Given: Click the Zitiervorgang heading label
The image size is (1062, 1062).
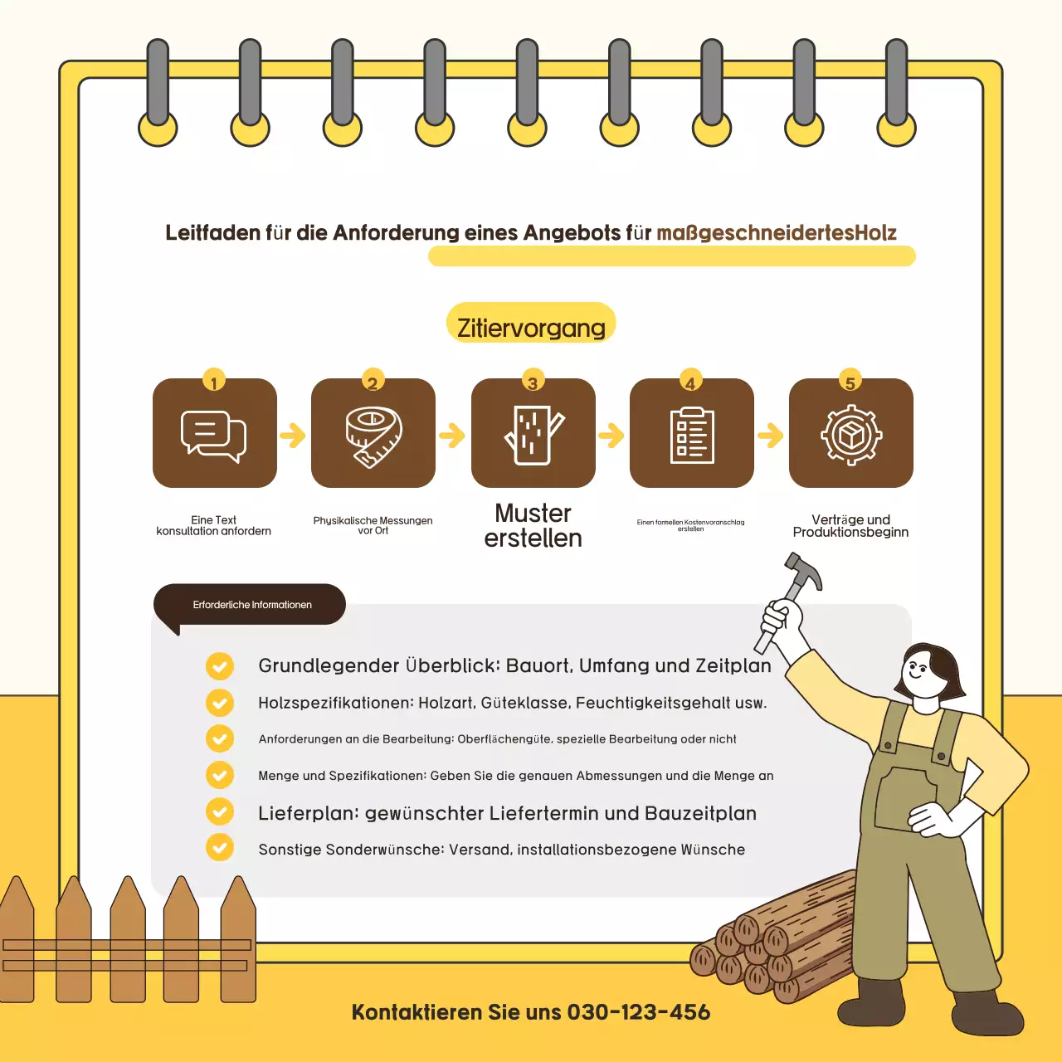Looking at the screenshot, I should [x=531, y=327].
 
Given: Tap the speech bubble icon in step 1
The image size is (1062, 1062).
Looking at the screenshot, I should [x=214, y=435].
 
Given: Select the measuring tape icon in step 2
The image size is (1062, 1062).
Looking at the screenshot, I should [x=373, y=435].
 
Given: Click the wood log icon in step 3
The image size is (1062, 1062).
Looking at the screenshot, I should [x=533, y=435].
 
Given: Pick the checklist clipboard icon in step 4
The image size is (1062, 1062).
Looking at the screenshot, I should [x=692, y=435].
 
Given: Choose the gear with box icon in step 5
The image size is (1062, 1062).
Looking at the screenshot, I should [x=851, y=435].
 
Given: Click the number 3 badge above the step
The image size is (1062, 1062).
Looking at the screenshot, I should [x=533, y=382].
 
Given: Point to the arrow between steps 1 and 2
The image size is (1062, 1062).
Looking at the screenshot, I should [x=293, y=435].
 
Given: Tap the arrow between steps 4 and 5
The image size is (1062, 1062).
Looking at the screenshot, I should [x=771, y=435].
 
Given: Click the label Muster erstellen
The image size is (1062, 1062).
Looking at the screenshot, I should [x=533, y=525].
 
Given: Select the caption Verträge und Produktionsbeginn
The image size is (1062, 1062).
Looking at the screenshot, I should [x=850, y=526].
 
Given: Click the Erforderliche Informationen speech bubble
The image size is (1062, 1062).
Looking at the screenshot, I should [x=251, y=605].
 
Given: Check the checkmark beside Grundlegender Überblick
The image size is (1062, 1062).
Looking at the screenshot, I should [x=220, y=665].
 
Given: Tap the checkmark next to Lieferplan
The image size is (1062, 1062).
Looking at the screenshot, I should [x=220, y=811].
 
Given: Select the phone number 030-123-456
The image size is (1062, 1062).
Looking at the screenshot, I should [x=638, y=1012].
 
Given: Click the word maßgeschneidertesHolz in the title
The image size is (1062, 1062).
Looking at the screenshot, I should [x=777, y=233].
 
